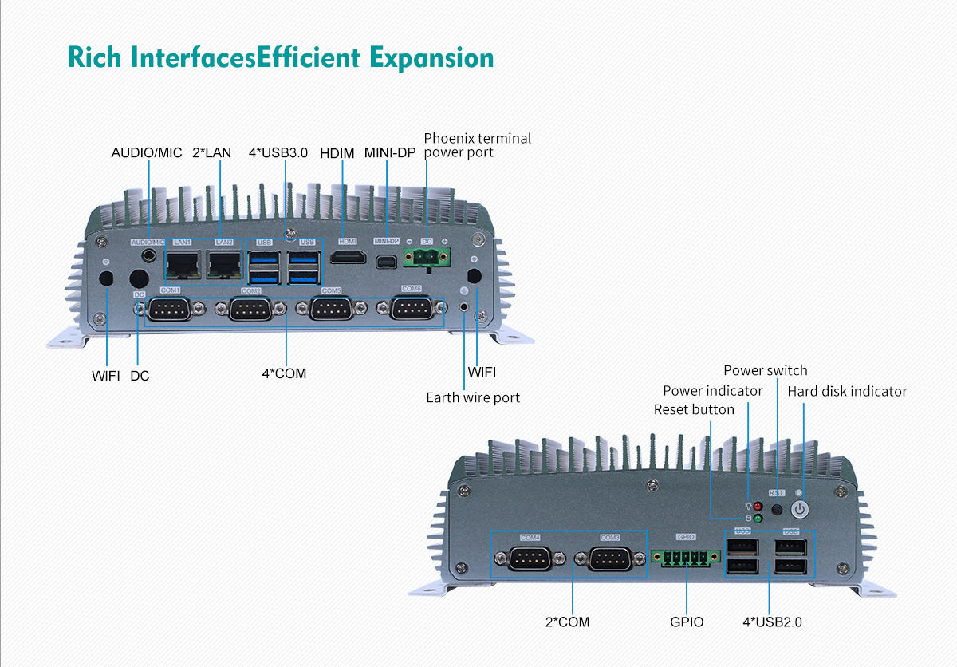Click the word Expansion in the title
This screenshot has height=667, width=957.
pos(431,57)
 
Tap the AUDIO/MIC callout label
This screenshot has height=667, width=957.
pos(147,152)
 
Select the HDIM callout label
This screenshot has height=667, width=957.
pos(337,152)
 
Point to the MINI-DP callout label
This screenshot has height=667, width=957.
pos(390,152)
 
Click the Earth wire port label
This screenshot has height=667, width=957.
pos(473,397)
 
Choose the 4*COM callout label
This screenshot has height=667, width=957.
pos(284,373)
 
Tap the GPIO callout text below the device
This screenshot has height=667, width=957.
pos(687,621)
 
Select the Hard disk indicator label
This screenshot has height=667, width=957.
pos(847,391)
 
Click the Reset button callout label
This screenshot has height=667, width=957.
pos(694,409)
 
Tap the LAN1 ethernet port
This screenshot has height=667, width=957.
pos(183,262)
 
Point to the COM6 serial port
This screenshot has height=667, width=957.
pos(412,308)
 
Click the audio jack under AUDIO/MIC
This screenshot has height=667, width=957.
pos(148,255)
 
